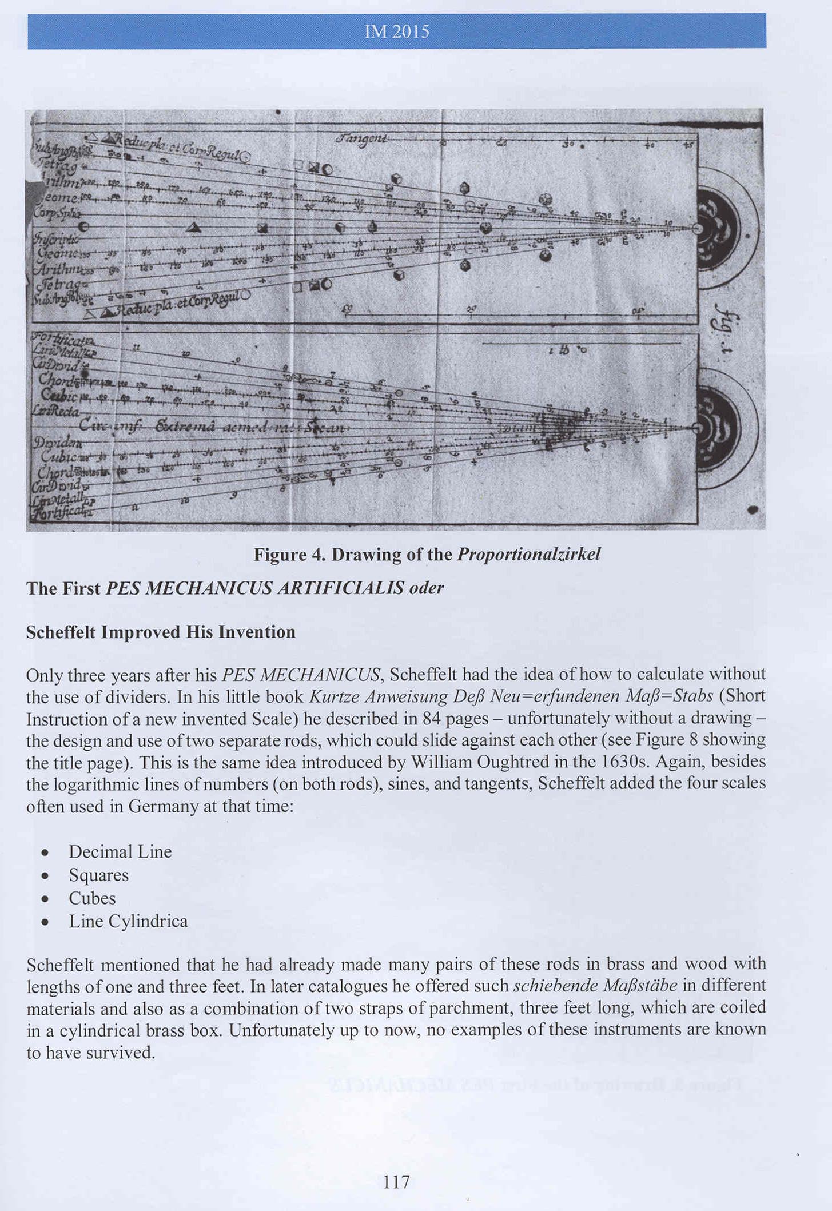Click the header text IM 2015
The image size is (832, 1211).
click(396, 31)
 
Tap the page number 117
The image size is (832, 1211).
click(396, 1181)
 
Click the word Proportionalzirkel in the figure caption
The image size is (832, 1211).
click(529, 555)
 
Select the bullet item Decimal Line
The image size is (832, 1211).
click(120, 852)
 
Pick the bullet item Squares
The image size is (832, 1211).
click(98, 875)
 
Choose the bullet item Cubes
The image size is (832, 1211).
click(92, 898)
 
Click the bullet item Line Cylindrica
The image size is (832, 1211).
click(128, 922)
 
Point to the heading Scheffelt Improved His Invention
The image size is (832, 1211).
click(161, 632)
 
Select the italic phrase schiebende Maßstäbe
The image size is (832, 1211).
click(595, 986)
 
